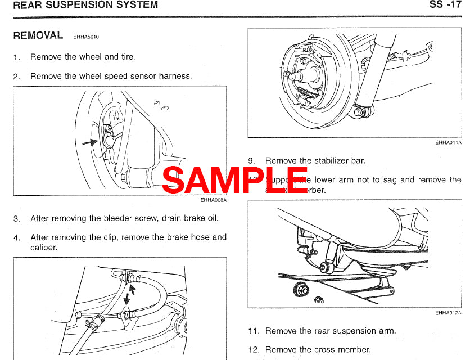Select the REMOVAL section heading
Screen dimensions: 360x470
point(38,35)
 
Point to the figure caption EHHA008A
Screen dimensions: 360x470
point(213,199)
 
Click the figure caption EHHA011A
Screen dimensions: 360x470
point(448,143)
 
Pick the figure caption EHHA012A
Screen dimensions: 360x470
point(448,313)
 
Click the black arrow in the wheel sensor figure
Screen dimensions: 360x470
point(90,142)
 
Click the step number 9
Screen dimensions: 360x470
point(251,161)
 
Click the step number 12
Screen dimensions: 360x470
point(254,349)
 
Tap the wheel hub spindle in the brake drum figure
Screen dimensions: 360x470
point(293,74)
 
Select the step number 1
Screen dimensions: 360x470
point(16,57)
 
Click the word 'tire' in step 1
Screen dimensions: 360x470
point(127,57)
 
